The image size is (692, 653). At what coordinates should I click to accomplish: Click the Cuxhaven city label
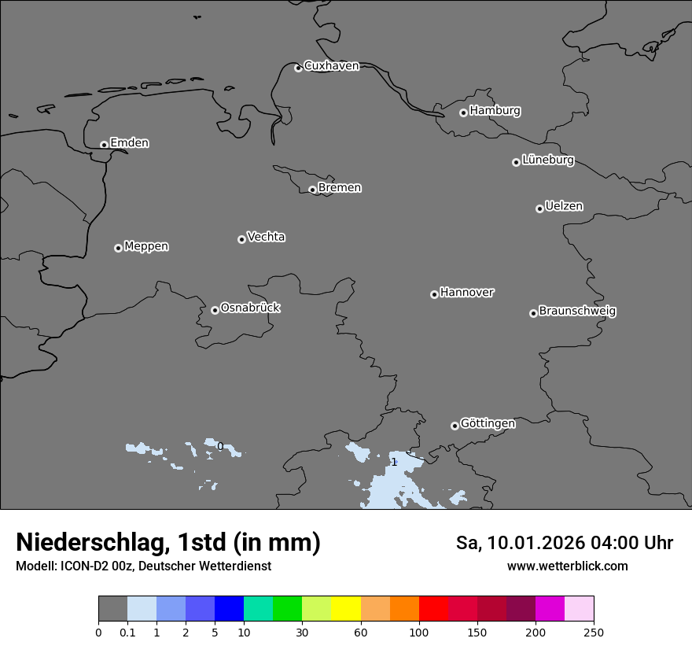click(331, 66)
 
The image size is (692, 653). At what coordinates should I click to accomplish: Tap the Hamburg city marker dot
click(463, 113)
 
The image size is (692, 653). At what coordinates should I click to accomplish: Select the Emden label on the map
click(129, 143)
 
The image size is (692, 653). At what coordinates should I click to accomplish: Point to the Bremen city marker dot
click(312, 190)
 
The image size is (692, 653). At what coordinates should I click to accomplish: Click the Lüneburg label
click(548, 160)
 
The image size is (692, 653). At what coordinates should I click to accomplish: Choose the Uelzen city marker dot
click(539, 208)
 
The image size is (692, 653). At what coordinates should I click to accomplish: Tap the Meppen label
click(146, 246)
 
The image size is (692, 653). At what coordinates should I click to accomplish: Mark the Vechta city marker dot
click(241, 239)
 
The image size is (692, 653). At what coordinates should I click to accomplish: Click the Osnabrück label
click(250, 308)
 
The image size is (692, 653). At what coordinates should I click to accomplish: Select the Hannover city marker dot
click(434, 294)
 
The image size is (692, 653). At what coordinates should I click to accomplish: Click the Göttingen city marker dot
click(455, 426)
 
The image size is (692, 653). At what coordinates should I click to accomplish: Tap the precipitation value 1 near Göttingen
click(394, 462)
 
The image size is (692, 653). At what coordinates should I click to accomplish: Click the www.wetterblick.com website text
click(567, 566)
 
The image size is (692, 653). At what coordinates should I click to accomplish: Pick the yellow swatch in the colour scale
click(346, 609)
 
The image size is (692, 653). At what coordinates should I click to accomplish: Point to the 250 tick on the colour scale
click(593, 632)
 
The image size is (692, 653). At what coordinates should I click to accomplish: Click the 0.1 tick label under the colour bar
click(127, 632)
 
